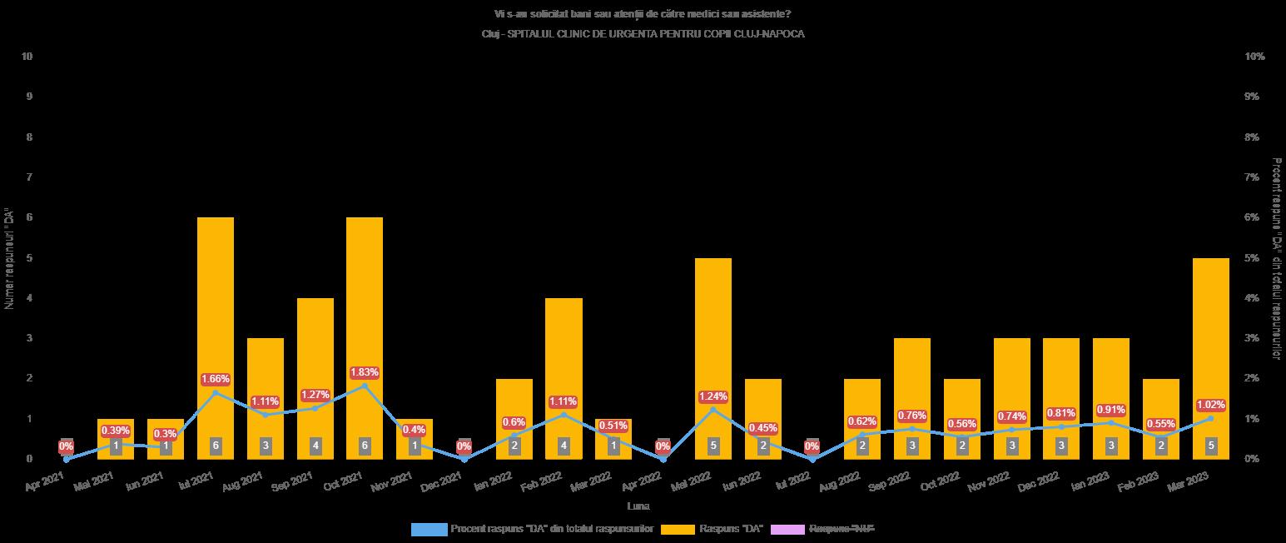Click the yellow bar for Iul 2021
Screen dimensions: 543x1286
pos(216,333)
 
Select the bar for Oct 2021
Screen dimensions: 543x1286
pos(365,333)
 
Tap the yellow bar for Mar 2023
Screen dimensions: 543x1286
pos(1210,350)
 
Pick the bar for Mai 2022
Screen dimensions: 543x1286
pos(713,350)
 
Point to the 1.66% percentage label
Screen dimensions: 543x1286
pos(216,380)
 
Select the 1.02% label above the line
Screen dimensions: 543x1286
pos(1210,405)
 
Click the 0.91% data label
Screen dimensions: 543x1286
pos(1111,410)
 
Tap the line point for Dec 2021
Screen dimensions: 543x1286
pos(464,459)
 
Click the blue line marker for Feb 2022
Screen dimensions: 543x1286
pos(564,415)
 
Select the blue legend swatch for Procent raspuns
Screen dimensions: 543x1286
pos(429,529)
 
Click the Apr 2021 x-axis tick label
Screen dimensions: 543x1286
pos(45,481)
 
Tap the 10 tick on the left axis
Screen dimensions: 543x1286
pos(27,57)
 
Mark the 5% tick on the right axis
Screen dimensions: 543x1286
pos(1254,258)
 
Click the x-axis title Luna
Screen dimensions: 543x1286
pos(638,506)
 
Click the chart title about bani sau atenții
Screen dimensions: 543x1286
pos(643,14)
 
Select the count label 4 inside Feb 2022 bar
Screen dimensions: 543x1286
pos(564,446)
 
